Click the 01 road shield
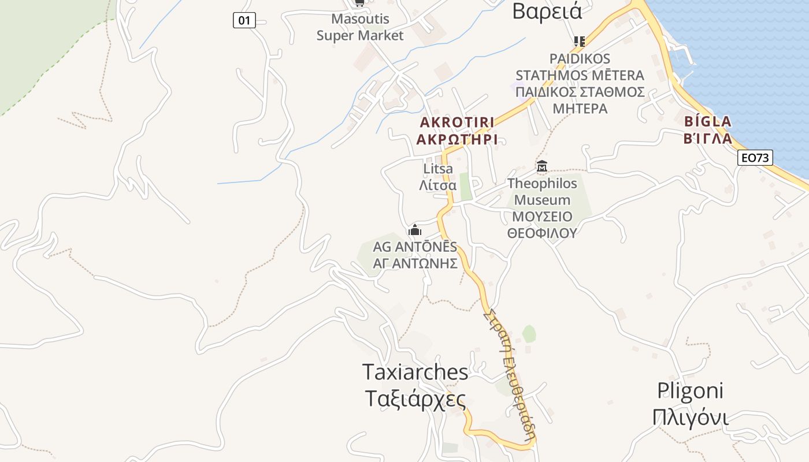coord(244,21)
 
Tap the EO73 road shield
coord(755,158)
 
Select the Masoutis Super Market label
coord(360,27)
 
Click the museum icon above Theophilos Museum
coord(542,167)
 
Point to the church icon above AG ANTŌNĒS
coord(415,230)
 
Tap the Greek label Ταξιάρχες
coord(415,399)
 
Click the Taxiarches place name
coord(415,372)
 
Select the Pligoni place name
coord(690,391)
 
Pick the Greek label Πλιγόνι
coord(690,417)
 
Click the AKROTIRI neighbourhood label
coord(457,122)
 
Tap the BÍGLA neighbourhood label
coord(707,121)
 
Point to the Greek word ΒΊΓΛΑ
coord(707,139)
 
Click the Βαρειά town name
coord(547,11)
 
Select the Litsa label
coord(438,169)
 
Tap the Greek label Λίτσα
coord(438,185)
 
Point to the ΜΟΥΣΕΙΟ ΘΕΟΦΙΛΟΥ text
coord(542,225)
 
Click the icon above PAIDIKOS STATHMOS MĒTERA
coord(579,41)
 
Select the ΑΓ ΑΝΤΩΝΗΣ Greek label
coord(415,264)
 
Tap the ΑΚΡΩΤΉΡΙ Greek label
coord(457,140)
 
